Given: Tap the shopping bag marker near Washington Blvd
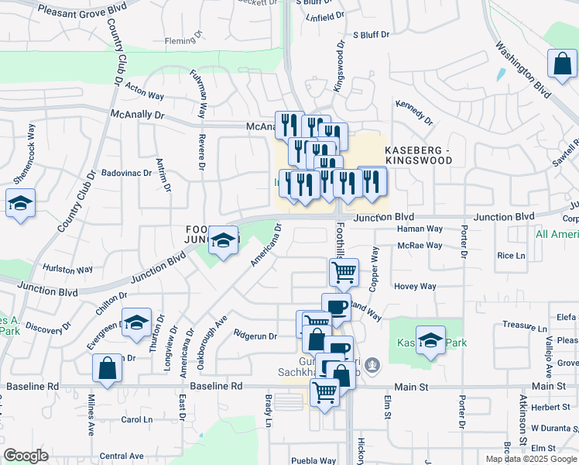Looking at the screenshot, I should [561, 67].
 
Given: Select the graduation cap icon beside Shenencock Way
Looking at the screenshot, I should [20, 205].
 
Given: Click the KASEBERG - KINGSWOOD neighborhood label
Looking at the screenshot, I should [418, 154].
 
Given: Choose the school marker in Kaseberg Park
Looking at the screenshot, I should [430, 341].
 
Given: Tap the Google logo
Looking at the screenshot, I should [26, 456].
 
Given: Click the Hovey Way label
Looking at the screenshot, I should [416, 286].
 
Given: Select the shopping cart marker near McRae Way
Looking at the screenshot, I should [343, 273].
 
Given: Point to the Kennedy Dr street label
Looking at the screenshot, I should [414, 113].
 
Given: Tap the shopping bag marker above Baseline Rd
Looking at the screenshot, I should [107, 370].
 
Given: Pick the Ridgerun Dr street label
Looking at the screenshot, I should [255, 336].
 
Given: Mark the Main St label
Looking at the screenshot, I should [549, 385].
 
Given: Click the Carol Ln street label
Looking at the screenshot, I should [137, 419].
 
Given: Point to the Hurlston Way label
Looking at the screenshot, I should [68, 270].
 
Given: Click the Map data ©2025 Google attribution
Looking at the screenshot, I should [530, 459].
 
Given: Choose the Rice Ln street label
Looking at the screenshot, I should [511, 256].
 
